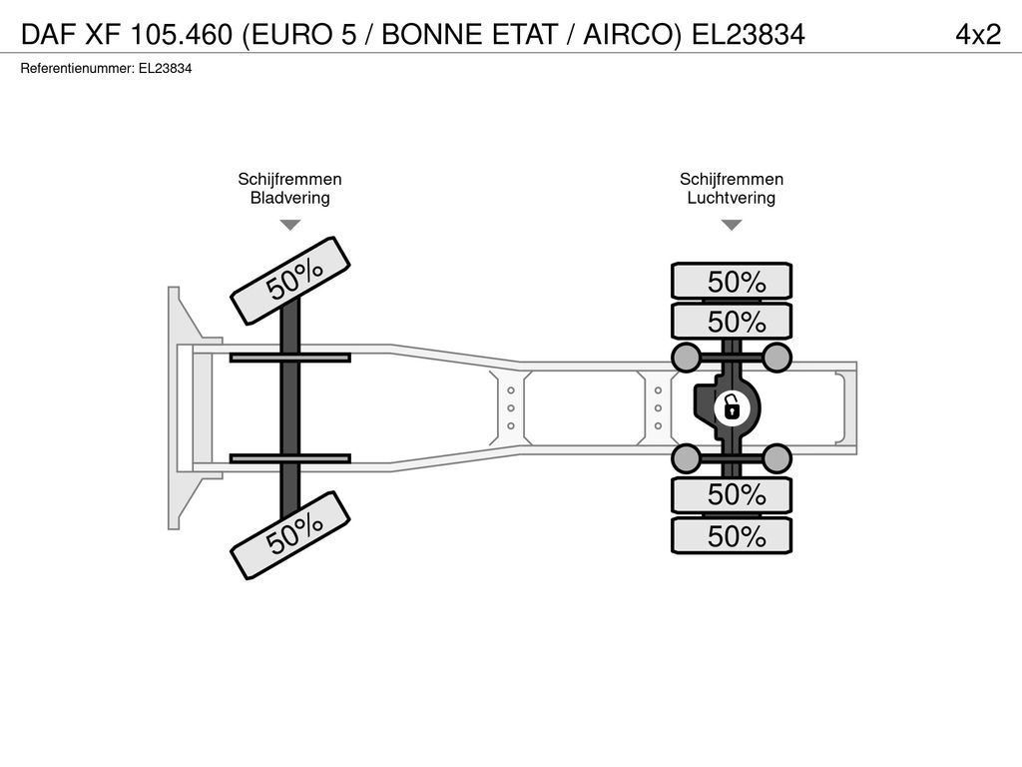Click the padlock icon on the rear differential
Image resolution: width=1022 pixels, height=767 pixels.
(x=732, y=408)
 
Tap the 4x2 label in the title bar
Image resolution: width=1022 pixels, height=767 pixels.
(x=978, y=34)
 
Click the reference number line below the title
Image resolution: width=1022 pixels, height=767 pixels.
(x=106, y=69)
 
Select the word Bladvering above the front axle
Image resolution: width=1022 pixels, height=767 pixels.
(x=290, y=198)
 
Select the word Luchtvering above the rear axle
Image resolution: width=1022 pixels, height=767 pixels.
(x=732, y=198)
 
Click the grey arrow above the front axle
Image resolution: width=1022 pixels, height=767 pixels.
(x=290, y=225)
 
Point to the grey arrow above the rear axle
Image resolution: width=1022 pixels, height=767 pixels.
(x=732, y=225)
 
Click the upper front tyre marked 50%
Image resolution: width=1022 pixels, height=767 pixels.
(x=290, y=281)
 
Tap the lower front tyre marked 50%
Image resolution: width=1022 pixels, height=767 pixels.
(x=290, y=535)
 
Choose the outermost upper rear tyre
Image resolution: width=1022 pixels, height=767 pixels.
(x=732, y=282)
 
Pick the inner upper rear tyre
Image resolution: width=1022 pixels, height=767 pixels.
(x=732, y=321)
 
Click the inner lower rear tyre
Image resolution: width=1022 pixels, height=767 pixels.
(x=732, y=494)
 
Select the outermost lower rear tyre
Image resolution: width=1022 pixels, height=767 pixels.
(x=732, y=535)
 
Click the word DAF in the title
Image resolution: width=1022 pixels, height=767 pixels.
(x=49, y=35)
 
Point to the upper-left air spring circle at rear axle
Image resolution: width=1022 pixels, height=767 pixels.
(x=686, y=357)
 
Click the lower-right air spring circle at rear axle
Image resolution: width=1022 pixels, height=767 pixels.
(x=776, y=457)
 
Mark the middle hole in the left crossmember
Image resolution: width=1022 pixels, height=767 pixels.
(x=511, y=408)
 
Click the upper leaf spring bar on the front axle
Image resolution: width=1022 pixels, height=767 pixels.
(x=290, y=358)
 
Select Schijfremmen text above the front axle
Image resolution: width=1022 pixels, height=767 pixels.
(x=290, y=179)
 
